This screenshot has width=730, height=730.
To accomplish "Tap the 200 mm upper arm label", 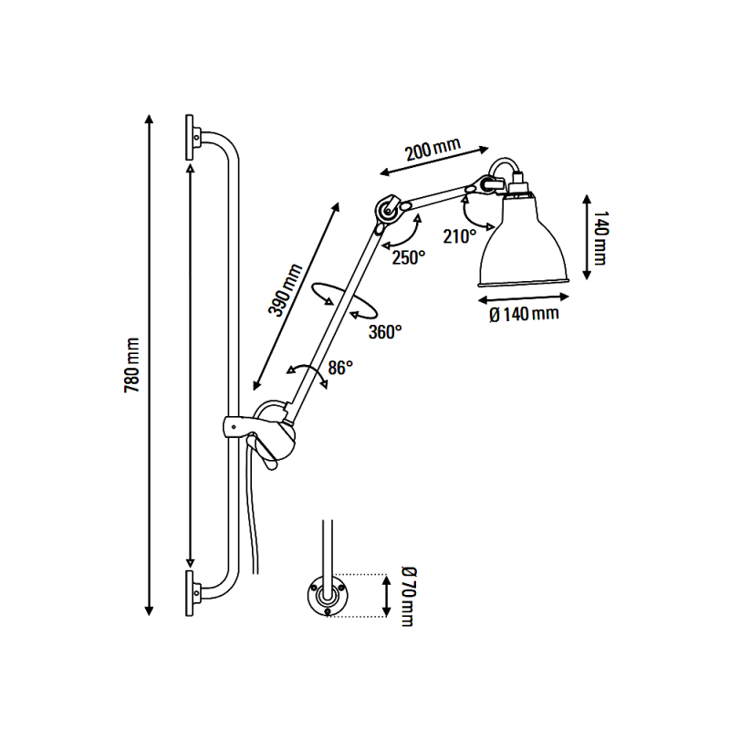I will [x=433, y=149].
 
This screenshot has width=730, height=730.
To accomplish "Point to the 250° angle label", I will [x=409, y=257].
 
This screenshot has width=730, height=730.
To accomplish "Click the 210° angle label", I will [x=459, y=236].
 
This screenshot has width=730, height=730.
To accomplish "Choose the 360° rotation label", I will [x=385, y=331].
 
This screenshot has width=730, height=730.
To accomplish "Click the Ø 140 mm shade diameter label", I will [x=523, y=315].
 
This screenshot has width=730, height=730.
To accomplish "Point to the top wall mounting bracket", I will [x=193, y=138].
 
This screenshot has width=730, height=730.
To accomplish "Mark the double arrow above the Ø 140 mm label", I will [x=516, y=295].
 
